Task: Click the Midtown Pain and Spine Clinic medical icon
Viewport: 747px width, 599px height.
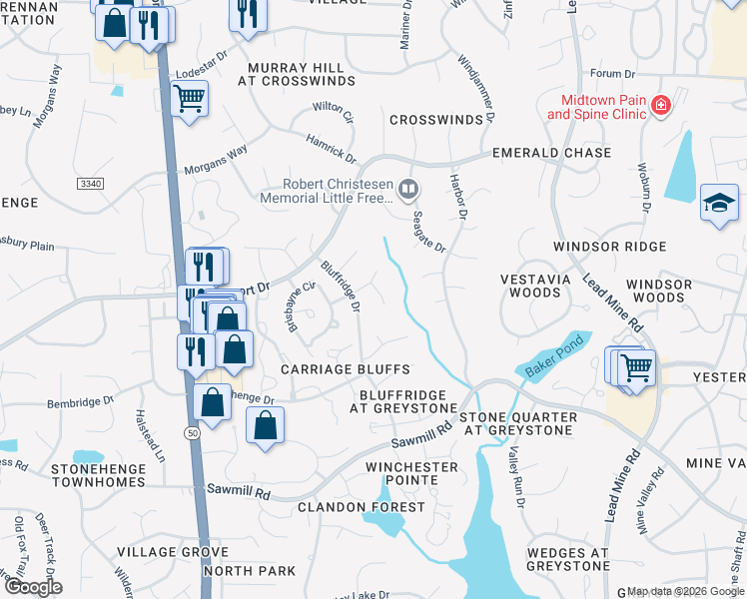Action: pyautogui.click(x=659, y=106)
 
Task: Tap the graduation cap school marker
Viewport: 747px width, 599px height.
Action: pyautogui.click(x=719, y=203)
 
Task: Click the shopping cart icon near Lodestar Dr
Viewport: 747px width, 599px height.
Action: pyautogui.click(x=189, y=98)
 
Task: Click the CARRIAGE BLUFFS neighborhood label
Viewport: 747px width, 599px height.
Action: pyautogui.click(x=332, y=369)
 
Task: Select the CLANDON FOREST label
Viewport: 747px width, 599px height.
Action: pyautogui.click(x=361, y=507)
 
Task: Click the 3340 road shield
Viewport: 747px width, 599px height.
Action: pyautogui.click(x=90, y=183)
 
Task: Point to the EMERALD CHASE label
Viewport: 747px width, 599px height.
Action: pyautogui.click(x=552, y=153)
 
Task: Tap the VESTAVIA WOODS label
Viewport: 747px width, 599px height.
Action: pyautogui.click(x=534, y=287)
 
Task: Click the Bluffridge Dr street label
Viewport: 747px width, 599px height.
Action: pyautogui.click(x=341, y=285)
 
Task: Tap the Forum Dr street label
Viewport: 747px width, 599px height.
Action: pyautogui.click(x=612, y=74)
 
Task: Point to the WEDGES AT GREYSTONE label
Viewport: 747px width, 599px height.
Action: pyautogui.click(x=567, y=559)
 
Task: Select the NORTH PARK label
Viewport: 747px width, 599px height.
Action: pyautogui.click(x=250, y=571)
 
